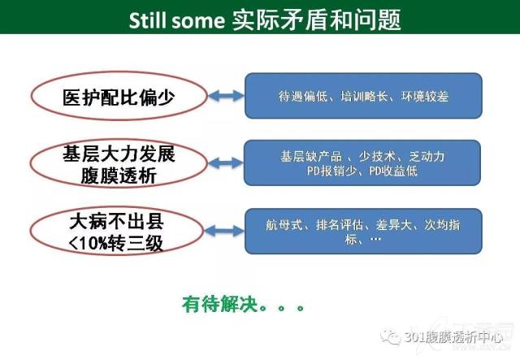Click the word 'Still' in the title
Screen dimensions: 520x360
(147, 20)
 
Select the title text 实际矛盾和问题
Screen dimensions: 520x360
(316, 20)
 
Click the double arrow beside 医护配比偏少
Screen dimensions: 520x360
(226, 96)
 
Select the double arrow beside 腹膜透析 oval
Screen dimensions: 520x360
(226, 163)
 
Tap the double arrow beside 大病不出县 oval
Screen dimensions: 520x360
(224, 231)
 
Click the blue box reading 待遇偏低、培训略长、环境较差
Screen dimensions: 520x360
(363, 96)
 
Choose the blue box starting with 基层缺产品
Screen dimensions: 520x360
(362, 163)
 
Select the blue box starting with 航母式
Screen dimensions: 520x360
(363, 232)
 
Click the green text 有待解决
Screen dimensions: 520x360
(220, 304)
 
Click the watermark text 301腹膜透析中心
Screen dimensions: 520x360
(453, 338)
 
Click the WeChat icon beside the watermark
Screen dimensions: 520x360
(391, 336)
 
